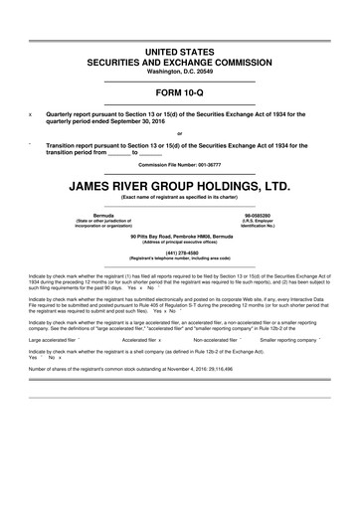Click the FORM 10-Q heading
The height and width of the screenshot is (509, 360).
pyautogui.click(x=180, y=91)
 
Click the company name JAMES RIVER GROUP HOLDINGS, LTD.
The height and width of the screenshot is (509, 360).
pyautogui.click(x=180, y=184)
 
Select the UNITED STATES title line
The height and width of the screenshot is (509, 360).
pyautogui.click(x=180, y=50)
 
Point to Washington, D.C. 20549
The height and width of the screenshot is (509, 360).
pyautogui.click(x=180, y=72)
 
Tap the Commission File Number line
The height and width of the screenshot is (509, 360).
pyautogui.click(x=180, y=164)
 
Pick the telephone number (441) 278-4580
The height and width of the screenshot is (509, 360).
pyautogui.click(x=180, y=253)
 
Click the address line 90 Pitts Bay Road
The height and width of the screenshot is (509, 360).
pyautogui.click(x=180, y=235)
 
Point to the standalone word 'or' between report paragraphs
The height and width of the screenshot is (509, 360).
pyautogui.click(x=180, y=133)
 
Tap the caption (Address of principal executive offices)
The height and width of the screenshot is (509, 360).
pyautogui.click(x=180, y=242)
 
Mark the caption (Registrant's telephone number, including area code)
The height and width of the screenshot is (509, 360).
pyautogui.click(x=180, y=259)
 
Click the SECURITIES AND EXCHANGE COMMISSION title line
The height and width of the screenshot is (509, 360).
pyautogui.click(x=180, y=61)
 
